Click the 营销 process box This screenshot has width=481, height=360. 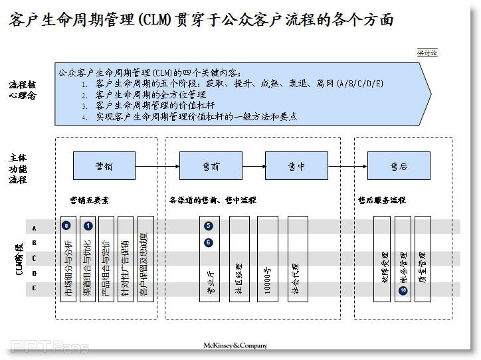[x=104, y=166]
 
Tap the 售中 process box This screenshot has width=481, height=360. [x=296, y=166]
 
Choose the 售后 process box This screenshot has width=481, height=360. [x=399, y=166]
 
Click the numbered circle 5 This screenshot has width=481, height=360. [x=209, y=226]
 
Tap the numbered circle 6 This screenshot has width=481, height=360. [x=209, y=242]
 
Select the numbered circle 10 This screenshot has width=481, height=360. [x=403, y=290]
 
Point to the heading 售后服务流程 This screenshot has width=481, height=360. [x=381, y=200]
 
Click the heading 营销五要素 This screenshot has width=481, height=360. [x=88, y=200]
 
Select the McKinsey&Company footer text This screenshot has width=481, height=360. [x=235, y=345]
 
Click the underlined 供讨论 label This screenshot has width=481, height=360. [x=427, y=52]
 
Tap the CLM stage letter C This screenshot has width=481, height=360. [x=34, y=258]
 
